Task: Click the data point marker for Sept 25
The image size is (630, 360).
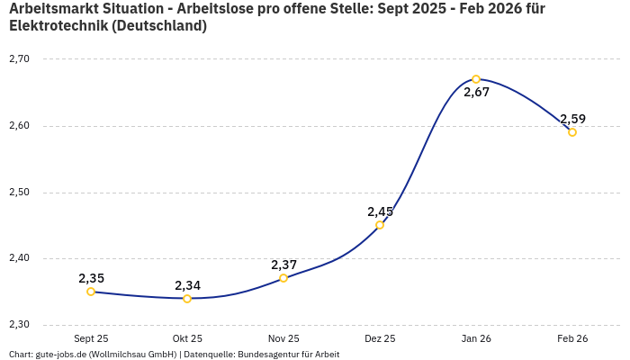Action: [x=91, y=292]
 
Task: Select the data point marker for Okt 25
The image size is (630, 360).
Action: [x=187, y=299]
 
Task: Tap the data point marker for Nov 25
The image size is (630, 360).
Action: [x=283, y=278]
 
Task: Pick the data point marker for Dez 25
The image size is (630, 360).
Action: [x=380, y=225]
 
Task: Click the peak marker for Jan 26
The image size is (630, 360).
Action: [x=476, y=79]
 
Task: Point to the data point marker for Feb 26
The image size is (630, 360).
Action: [x=572, y=132]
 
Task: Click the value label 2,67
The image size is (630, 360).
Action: [x=476, y=93]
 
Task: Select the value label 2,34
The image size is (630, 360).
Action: [x=187, y=285]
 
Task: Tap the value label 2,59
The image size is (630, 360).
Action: [x=572, y=119]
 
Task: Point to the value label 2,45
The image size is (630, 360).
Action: [x=380, y=211]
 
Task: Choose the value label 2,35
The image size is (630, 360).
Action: [x=91, y=278]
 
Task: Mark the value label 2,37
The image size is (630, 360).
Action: [x=283, y=265]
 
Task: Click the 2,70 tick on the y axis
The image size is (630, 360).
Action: [x=19, y=59]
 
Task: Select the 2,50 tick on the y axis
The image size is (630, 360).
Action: [x=19, y=193]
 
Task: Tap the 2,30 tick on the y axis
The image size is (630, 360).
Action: [x=19, y=325]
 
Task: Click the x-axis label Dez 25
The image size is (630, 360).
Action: [x=380, y=339]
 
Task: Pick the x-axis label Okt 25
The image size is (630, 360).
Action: [x=187, y=339]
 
